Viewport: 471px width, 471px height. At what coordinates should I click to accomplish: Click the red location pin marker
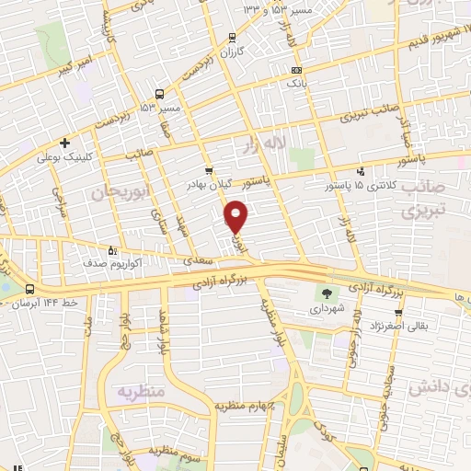tap(236, 217)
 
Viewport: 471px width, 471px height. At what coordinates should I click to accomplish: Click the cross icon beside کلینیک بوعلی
tap(64, 143)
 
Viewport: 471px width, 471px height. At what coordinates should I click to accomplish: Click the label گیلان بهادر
tap(218, 185)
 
